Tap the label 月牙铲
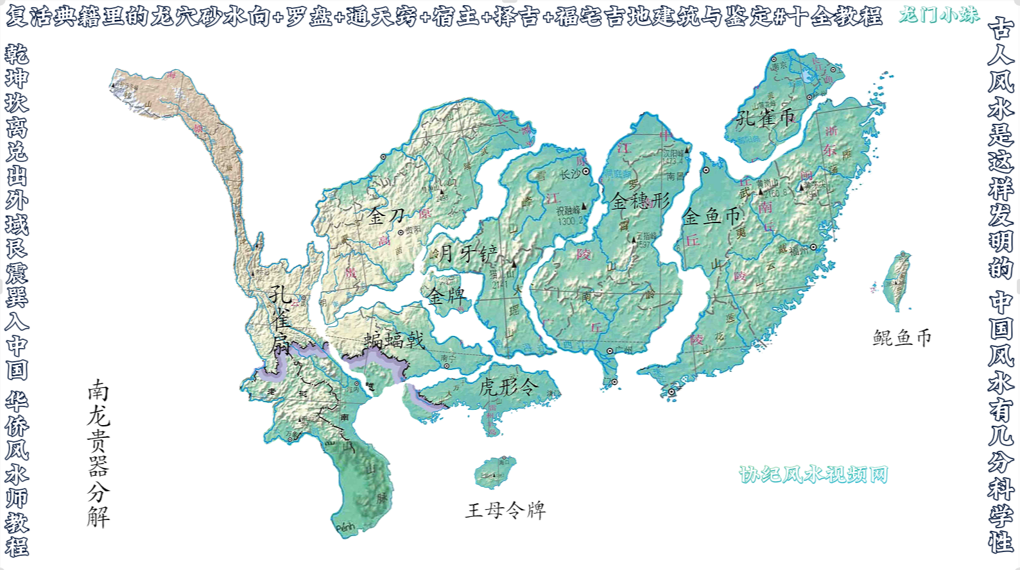pos(467,253)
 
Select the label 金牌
pos(447,296)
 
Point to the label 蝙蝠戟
pos(394,340)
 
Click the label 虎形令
pos(508,387)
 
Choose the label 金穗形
pos(640,201)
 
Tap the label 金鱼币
pos(711,216)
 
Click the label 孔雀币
pos(765,117)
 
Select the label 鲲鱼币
pos(901,338)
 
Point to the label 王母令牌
pos(505,510)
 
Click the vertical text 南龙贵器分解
pos(98,453)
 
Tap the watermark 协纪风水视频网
pos(813,474)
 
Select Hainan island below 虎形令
pos(496,473)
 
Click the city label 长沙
pos(569,174)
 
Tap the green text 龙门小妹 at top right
pos(939,15)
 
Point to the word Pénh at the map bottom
pos(345,528)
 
